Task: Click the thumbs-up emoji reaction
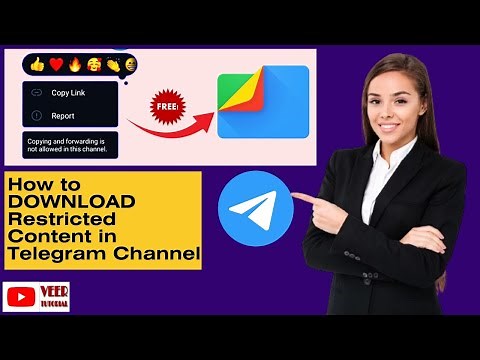(x=38, y=65)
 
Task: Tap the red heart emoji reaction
(x=56, y=65)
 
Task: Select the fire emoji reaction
(x=74, y=65)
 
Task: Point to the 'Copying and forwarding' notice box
(x=70, y=144)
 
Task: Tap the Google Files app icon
(x=262, y=103)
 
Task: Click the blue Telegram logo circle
(x=255, y=208)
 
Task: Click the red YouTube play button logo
(x=22, y=297)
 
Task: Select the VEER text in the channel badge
(x=55, y=291)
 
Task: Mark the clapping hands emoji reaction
(x=111, y=65)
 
